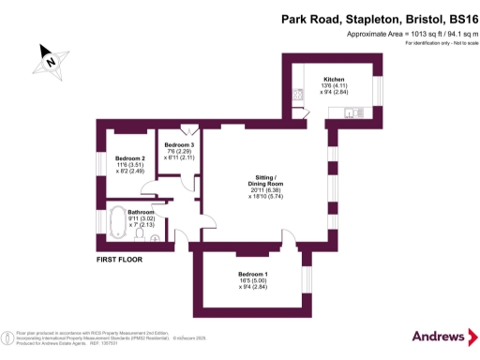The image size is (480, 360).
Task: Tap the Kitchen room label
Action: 334,79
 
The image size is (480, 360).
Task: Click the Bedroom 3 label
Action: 179,144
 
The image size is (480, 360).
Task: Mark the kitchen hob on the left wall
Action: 298,94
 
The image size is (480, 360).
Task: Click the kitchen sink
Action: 352,114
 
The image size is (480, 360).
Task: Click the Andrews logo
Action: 439,336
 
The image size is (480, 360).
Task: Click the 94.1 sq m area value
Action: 449,33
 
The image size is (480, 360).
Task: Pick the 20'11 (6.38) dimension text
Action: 264,190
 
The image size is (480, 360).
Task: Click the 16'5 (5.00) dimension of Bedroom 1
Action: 251,282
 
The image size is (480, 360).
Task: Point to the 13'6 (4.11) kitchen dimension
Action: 335,86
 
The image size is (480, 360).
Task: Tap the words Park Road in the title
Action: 313,18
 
